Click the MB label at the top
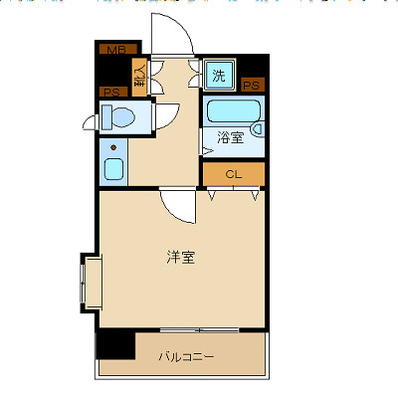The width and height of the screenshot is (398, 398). click(116, 49)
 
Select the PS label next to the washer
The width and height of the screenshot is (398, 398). click(252, 86)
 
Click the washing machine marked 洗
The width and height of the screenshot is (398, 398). click(219, 74)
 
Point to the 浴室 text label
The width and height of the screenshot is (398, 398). click(230, 139)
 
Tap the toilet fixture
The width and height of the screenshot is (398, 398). click(119, 117)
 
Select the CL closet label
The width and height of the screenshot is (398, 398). click(234, 175)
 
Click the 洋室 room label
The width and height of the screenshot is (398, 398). click(181, 257)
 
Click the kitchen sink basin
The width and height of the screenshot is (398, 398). click(113, 167)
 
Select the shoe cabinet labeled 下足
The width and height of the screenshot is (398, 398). click(140, 78)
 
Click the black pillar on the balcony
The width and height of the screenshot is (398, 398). click(115, 342)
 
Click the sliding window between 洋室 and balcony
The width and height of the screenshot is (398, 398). click(199, 329)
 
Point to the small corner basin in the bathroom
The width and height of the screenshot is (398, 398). click(257, 128)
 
